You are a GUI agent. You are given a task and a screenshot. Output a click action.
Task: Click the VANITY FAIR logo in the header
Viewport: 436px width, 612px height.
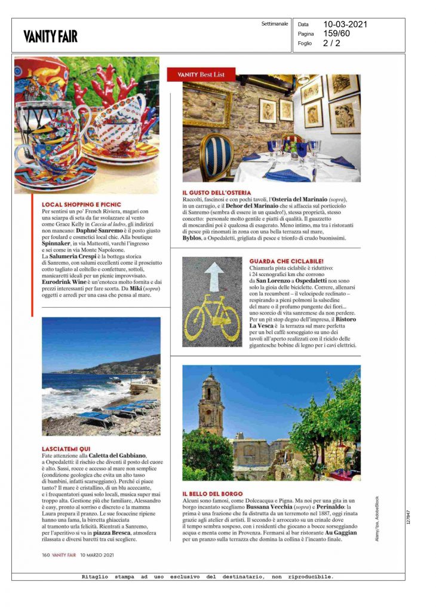tap(50, 36)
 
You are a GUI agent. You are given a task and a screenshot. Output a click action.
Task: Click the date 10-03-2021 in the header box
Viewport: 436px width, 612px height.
tap(345, 25)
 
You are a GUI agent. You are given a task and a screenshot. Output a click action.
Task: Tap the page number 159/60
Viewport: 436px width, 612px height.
tap(337, 34)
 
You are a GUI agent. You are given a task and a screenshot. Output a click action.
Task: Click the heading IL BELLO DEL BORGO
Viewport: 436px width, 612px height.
tap(213, 493)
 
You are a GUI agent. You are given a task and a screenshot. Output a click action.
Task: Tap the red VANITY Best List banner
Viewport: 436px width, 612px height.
tap(201, 75)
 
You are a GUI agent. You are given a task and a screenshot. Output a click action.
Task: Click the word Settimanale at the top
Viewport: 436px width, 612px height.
tap(275, 24)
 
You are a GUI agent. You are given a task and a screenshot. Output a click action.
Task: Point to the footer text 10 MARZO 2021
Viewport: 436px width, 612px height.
tap(97, 554)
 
